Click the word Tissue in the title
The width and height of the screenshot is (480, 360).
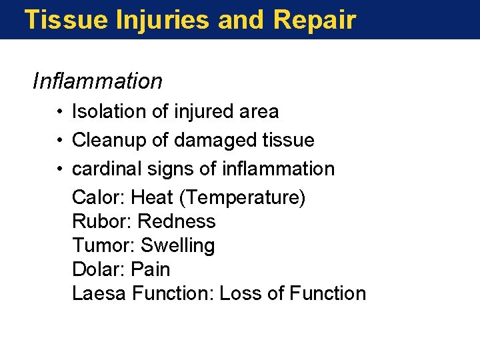point(65,20)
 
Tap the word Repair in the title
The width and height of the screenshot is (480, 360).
point(315,20)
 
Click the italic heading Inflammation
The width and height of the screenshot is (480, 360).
point(97,81)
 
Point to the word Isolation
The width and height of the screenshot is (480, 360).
point(109,111)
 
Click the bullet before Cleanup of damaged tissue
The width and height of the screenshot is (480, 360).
point(60,141)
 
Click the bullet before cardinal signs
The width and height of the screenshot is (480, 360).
point(60,169)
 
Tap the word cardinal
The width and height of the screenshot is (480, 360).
point(99,169)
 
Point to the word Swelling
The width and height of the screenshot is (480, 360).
point(178,246)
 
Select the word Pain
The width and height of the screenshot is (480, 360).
point(151,269)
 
